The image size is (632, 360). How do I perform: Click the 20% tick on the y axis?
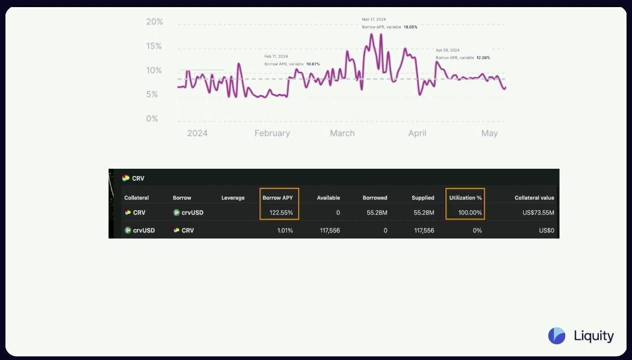click(155, 22)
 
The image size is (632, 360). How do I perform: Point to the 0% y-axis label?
click(152, 119)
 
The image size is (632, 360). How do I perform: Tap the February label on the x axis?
click(272, 133)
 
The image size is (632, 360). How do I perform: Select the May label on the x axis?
click(489, 133)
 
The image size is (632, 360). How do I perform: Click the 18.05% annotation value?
click(410, 27)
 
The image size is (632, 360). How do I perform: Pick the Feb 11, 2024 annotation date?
click(276, 57)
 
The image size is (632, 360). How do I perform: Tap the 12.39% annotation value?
click(483, 58)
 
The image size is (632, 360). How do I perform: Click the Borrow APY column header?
click(278, 198)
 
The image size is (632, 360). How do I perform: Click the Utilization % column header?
click(465, 198)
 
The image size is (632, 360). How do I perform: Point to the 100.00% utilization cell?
click(470, 212)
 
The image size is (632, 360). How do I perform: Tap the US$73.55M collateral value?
click(538, 212)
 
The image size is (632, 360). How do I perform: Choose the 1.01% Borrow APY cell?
click(285, 230)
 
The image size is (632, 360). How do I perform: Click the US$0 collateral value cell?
click(546, 230)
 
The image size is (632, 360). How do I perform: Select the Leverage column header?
click(233, 198)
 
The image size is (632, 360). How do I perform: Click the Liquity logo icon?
click(556, 336)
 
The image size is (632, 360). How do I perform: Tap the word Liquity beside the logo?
click(594, 336)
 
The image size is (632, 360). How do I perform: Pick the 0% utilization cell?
click(477, 230)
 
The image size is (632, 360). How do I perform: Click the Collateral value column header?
click(534, 198)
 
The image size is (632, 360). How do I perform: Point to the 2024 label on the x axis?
click(197, 133)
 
